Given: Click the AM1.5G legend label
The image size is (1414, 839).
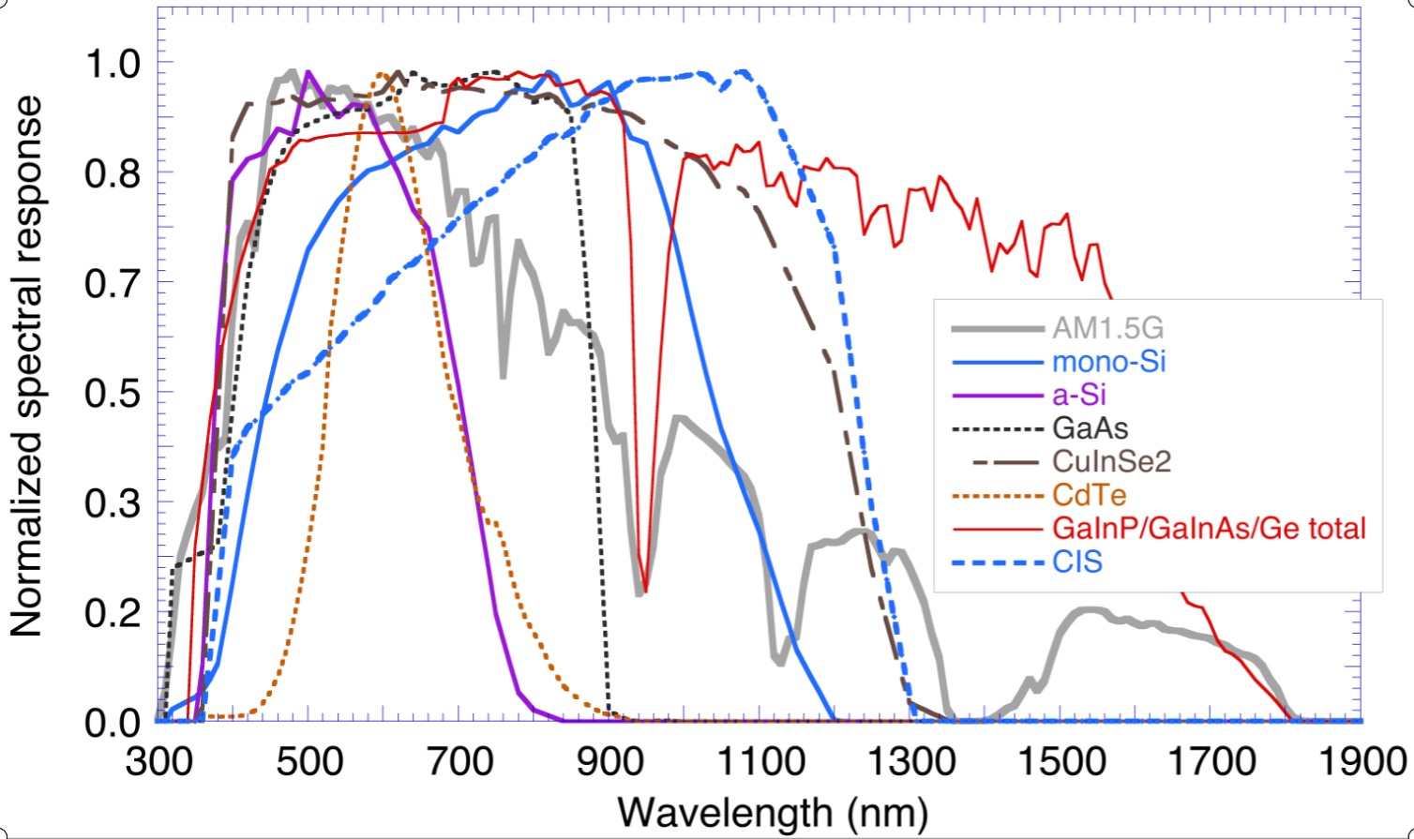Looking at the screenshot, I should pyautogui.click(x=1107, y=328).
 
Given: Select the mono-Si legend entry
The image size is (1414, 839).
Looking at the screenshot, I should pyautogui.click(x=1108, y=362).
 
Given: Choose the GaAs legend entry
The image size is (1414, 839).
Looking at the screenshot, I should pyautogui.click(x=1090, y=428).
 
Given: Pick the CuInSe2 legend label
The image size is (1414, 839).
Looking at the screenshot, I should pyautogui.click(x=1111, y=461).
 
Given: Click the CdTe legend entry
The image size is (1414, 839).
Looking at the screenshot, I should pyautogui.click(x=1089, y=495).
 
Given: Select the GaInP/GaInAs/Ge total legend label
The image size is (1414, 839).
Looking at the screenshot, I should pyautogui.click(x=1209, y=528).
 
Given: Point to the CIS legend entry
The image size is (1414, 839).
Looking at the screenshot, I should pyautogui.click(x=1076, y=562).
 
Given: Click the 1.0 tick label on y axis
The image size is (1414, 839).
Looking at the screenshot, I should pyautogui.click(x=112, y=64).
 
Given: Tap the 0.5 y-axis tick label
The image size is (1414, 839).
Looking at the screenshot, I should pyautogui.click(x=112, y=394).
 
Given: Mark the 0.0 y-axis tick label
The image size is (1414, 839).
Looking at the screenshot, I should pyautogui.click(x=112, y=723).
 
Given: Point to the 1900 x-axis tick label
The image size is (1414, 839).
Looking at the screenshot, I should pyautogui.click(x=1361, y=760).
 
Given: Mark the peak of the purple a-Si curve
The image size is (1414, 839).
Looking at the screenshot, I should pyautogui.click(x=308, y=71).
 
